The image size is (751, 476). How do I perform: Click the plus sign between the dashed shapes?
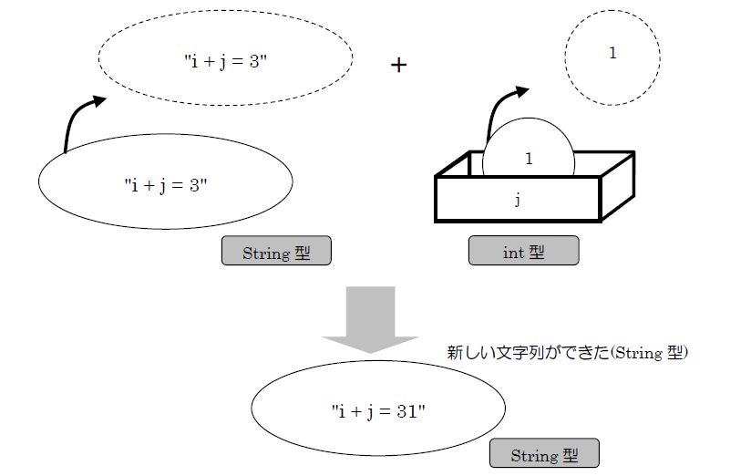coord(398,66)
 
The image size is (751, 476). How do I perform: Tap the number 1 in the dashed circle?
coord(612,53)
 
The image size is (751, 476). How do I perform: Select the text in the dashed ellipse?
coord(225,62)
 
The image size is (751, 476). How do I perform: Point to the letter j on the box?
coord(518,199)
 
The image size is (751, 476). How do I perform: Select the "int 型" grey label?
coord(523,252)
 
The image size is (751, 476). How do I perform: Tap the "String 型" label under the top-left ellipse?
coord(276,253)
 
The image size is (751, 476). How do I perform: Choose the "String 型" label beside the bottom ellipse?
coord(544,454)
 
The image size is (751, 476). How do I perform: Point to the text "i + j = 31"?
coord(378,411)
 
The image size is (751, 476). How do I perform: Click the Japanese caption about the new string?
coord(566,352)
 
